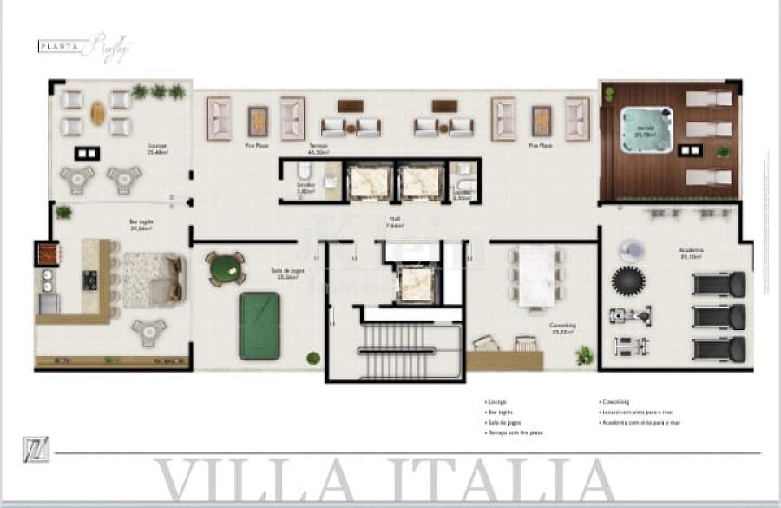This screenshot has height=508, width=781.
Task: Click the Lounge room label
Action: [156, 147]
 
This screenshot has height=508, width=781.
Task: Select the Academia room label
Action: [691, 251]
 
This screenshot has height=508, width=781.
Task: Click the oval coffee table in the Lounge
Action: [97, 113]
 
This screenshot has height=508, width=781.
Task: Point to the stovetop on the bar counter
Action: [89, 280]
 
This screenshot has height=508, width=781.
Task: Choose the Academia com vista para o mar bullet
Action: [637, 422]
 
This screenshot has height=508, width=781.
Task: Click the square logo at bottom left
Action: [36, 452]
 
